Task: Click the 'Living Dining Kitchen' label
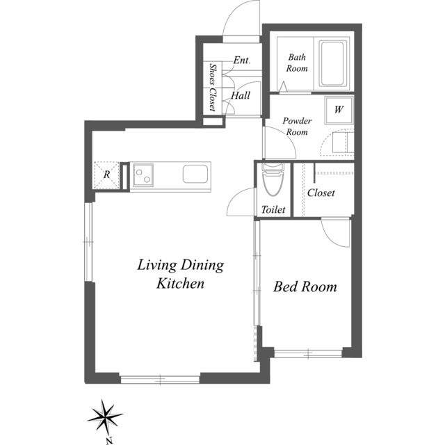(180, 273)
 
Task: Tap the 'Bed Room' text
(305, 286)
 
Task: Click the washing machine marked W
(339, 110)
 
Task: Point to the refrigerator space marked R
(106, 175)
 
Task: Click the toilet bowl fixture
(273, 181)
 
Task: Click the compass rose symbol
(106, 417)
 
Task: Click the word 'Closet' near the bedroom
(321, 193)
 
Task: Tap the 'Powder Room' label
(296, 126)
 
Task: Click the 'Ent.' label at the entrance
(241, 60)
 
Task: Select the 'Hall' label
(241, 96)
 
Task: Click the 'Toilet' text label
(273, 209)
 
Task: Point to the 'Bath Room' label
(297, 63)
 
